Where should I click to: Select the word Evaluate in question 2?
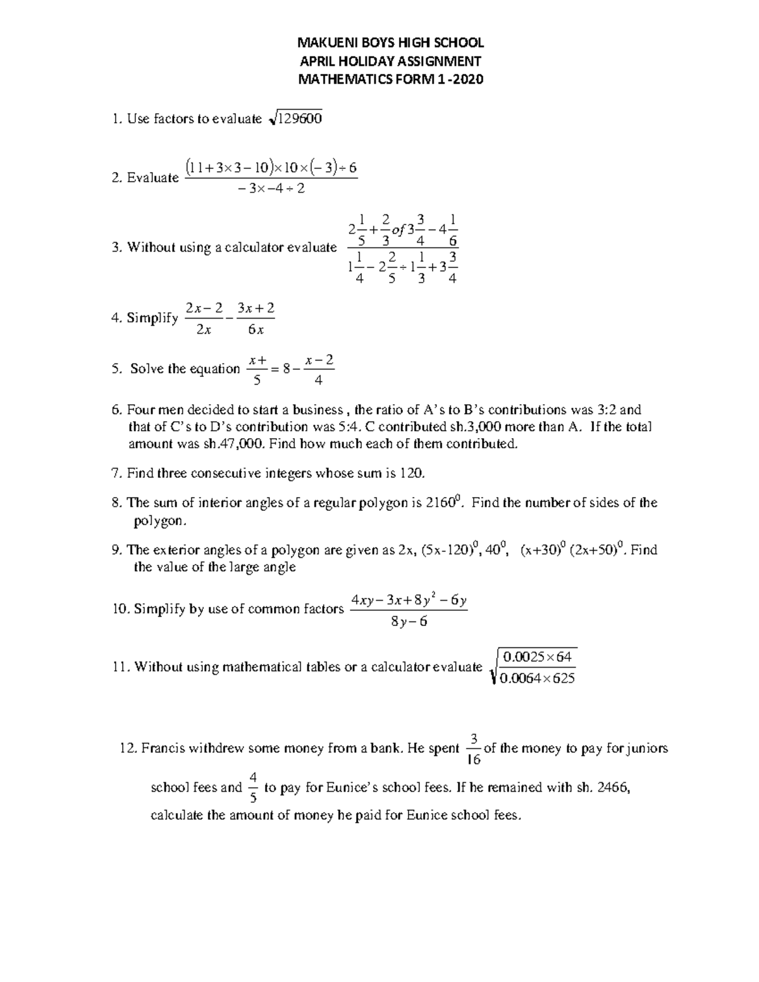click(x=152, y=178)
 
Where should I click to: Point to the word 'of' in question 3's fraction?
click(x=398, y=230)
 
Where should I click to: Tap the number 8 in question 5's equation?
click(x=287, y=369)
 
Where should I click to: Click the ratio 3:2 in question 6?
click(x=611, y=410)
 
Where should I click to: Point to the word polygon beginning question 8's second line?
click(x=159, y=520)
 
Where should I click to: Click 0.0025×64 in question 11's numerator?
click(x=536, y=657)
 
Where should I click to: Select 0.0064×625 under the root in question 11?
click(x=537, y=680)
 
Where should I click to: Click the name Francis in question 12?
click(x=163, y=749)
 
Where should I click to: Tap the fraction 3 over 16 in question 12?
click(x=473, y=749)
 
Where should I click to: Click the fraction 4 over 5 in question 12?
click(x=253, y=787)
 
